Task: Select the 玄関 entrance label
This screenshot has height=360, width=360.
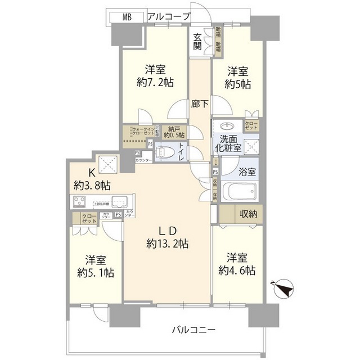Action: coord(197,42)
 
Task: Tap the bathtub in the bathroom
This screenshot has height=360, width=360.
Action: coord(239,192)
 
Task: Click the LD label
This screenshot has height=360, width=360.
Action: coord(166,231)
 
